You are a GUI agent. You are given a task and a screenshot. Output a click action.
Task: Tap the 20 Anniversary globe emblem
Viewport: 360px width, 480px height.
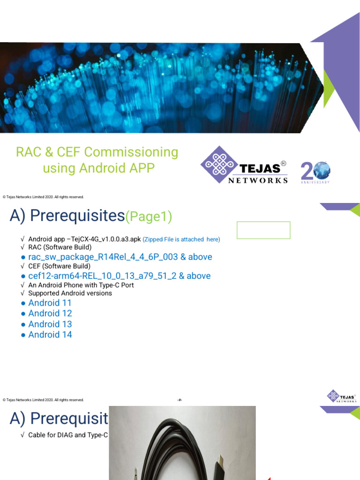[315, 172]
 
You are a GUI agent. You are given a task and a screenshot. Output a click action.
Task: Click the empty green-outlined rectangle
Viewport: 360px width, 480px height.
[263, 230]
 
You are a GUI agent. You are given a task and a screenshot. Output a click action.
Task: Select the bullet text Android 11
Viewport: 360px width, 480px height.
[50, 303]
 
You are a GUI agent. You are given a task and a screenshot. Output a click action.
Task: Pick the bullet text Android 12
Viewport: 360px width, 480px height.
[50, 313]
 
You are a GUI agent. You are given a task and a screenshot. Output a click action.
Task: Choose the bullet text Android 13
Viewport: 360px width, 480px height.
[50, 324]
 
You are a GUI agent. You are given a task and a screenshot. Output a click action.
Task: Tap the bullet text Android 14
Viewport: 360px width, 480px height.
[50, 335]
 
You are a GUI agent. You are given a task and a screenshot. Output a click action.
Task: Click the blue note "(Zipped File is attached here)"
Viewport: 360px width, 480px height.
[181, 239]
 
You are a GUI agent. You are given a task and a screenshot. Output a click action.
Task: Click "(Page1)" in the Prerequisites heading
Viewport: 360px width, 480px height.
[149, 217]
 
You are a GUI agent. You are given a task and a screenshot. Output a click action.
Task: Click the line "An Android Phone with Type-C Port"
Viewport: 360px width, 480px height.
[81, 285]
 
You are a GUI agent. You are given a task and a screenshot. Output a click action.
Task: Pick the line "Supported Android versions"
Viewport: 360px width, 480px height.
[70, 293]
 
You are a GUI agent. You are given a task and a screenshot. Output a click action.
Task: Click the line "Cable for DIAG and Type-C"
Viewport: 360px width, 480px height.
[67, 435]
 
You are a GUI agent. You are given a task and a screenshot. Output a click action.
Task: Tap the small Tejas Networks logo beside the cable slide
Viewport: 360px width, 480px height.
[342, 396]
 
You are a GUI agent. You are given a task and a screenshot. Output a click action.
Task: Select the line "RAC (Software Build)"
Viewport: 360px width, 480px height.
[60, 247]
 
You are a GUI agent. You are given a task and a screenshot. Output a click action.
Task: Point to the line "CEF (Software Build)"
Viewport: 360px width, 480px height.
[59, 266]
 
